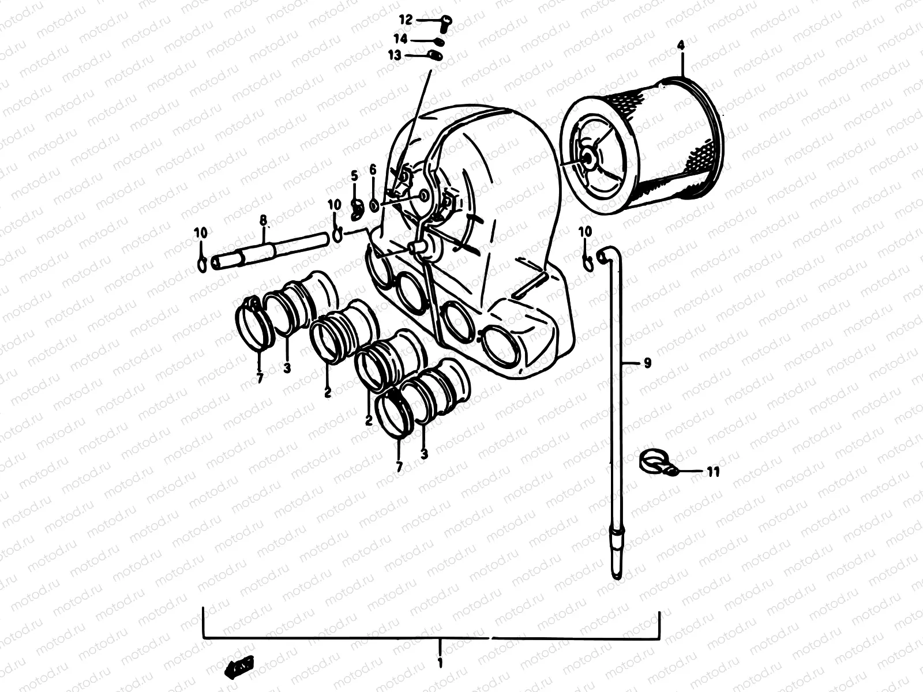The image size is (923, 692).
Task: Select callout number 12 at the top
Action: (x=406, y=20)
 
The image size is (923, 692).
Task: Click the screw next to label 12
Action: (x=445, y=21)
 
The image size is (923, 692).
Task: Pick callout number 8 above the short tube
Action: (x=263, y=219)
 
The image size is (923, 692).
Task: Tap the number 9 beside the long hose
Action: (x=647, y=363)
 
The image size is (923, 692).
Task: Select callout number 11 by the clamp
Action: (x=713, y=472)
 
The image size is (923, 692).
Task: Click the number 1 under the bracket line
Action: (x=440, y=663)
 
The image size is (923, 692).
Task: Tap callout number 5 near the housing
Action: (x=354, y=175)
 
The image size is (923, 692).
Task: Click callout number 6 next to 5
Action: (x=373, y=170)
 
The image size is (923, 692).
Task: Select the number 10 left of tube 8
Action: (x=200, y=233)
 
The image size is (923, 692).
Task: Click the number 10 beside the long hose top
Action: (x=585, y=231)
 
